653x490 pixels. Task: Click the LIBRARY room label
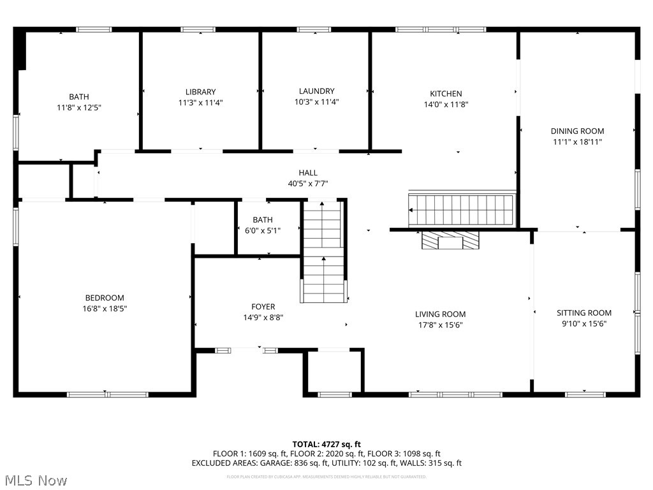pos(200,92)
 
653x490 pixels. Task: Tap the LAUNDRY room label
pos(316,91)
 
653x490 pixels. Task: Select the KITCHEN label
pos(446,94)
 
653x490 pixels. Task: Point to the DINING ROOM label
pos(577,131)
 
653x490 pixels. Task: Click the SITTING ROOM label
pos(583,313)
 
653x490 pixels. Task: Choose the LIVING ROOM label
pos(440,314)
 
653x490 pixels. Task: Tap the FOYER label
pos(263,307)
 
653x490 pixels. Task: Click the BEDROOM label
pos(105,298)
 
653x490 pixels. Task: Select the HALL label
pos(307,173)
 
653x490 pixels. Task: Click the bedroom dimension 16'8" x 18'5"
pos(105,309)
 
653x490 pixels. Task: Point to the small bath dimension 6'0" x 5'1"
pos(263,230)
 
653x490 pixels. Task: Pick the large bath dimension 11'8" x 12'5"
pos(79,108)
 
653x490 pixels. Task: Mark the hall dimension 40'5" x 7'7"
pos(307,184)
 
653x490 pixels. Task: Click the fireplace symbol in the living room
pos(450,241)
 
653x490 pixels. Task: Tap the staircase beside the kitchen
pos(461,209)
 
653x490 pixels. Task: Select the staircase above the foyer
pos(323,251)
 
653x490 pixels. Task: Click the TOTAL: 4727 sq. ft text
pos(326,444)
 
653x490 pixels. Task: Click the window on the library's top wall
pos(198,29)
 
